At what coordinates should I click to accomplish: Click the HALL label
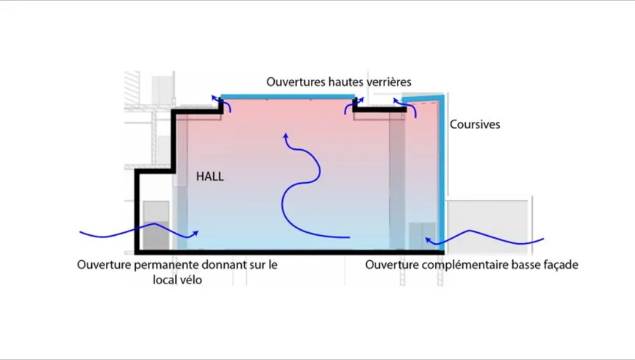point(209,177)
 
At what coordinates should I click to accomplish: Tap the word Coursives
point(475,125)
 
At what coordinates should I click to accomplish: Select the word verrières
point(385,82)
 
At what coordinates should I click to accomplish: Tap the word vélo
point(189,280)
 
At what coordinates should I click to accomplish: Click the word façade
point(560,264)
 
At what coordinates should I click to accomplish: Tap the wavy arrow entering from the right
point(492,237)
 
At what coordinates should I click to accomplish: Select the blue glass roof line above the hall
point(290,96)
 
